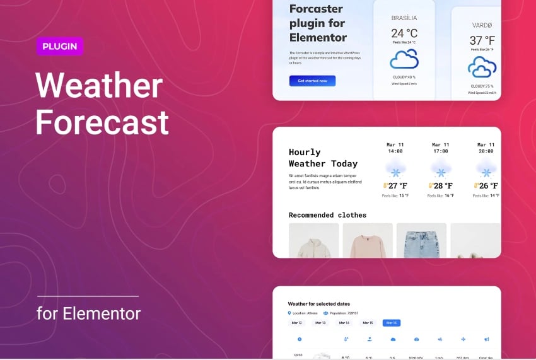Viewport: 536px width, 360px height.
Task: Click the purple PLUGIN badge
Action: pos(59,46)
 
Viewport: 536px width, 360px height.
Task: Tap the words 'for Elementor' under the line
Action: pos(88,313)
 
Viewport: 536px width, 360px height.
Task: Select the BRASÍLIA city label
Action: pos(404,18)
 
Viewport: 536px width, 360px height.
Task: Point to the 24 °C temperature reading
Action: pos(404,33)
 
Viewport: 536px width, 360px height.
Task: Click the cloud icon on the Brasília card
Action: pos(404,59)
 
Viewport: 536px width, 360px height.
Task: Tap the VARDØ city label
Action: pos(482,26)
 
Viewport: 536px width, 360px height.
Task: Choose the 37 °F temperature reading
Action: pos(482,40)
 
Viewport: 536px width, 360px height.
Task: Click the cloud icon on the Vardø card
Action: pos(482,67)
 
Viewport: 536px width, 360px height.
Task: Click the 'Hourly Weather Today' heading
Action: pos(323,158)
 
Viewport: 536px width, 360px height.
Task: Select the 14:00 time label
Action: pos(395,151)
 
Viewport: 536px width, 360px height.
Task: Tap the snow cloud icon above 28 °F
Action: pos(441,170)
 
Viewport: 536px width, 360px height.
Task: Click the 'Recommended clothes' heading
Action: pos(327,215)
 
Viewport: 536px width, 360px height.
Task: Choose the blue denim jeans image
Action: pos(421,242)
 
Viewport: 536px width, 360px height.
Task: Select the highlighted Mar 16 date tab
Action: pos(391,323)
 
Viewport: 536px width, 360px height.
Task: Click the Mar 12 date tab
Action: pos(296,323)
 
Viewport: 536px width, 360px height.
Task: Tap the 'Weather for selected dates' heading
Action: pos(318,304)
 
